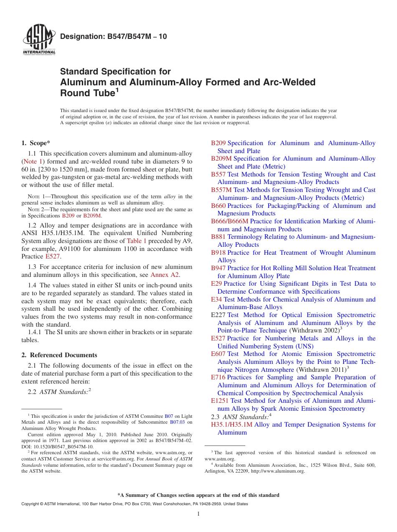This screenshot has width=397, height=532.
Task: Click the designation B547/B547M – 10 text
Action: click(114, 36)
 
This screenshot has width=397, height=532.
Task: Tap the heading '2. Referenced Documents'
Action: click(59, 355)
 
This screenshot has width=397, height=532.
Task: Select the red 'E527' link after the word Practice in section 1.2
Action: click(52, 256)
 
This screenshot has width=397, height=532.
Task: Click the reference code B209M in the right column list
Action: click(221, 159)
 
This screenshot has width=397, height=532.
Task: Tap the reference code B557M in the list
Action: click(221, 190)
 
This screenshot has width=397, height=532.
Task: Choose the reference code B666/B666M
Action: click(229, 221)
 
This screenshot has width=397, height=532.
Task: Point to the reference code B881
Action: click(218, 237)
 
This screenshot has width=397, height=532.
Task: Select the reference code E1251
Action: click(220, 401)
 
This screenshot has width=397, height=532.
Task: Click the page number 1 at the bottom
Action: click(198, 514)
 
